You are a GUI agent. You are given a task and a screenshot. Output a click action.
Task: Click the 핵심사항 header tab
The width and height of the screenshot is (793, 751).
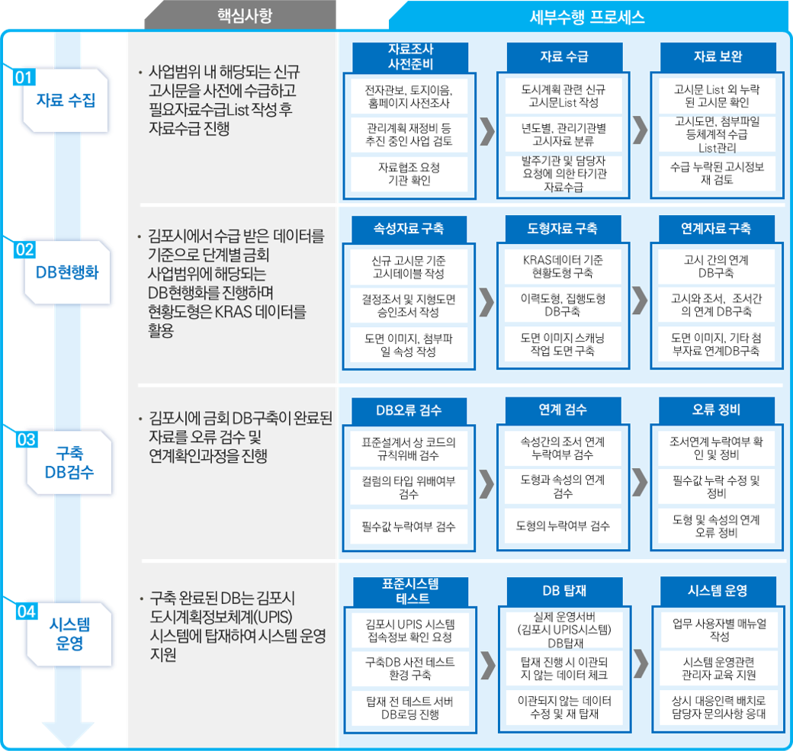pos(245,15)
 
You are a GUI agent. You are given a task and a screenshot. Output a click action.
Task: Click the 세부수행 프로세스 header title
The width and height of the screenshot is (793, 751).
pos(586,18)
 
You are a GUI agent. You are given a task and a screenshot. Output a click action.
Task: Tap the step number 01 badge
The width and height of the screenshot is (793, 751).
pos(24,77)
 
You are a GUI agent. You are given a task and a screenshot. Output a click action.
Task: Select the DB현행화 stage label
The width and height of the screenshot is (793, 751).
pos(67,272)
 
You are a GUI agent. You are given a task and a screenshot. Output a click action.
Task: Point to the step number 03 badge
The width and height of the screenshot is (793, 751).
pos(26,439)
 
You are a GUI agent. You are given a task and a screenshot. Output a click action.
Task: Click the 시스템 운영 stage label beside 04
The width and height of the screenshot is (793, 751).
pos(69,634)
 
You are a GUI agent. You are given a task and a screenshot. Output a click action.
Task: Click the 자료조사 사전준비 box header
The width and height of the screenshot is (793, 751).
pos(410,56)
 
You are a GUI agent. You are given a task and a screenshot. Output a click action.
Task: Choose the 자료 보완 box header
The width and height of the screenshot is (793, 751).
pos(718,56)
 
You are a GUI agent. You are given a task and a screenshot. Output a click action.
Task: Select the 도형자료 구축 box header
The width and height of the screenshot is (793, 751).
pos(563,229)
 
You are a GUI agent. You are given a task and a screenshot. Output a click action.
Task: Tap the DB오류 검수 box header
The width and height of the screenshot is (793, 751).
pos(409,410)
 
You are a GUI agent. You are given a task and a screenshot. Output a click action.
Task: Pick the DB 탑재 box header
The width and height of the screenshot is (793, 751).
pos(564,591)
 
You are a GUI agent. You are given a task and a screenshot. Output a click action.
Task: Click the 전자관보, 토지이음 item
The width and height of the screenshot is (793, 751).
pos(409,96)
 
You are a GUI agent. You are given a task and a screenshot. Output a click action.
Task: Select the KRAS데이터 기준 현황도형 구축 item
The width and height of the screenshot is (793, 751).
pos(563,267)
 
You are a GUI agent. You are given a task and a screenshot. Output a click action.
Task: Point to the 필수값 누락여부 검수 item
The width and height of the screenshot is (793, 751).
pos(409,526)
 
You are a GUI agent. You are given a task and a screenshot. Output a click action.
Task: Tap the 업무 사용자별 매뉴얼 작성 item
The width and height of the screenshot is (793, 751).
pos(719,630)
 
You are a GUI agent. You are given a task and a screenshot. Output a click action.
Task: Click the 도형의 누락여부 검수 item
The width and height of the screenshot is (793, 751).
pos(563,526)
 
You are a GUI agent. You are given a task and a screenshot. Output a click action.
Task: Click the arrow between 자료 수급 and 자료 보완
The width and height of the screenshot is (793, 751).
pos(640,130)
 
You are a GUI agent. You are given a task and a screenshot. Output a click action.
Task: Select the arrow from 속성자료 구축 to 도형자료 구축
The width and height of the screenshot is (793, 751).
pos(486,303)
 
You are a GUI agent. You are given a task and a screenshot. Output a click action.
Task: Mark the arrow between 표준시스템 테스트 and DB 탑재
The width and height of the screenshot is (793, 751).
pos(487,665)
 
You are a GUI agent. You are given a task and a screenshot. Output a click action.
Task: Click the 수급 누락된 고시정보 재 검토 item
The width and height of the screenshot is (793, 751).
pos(718,173)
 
